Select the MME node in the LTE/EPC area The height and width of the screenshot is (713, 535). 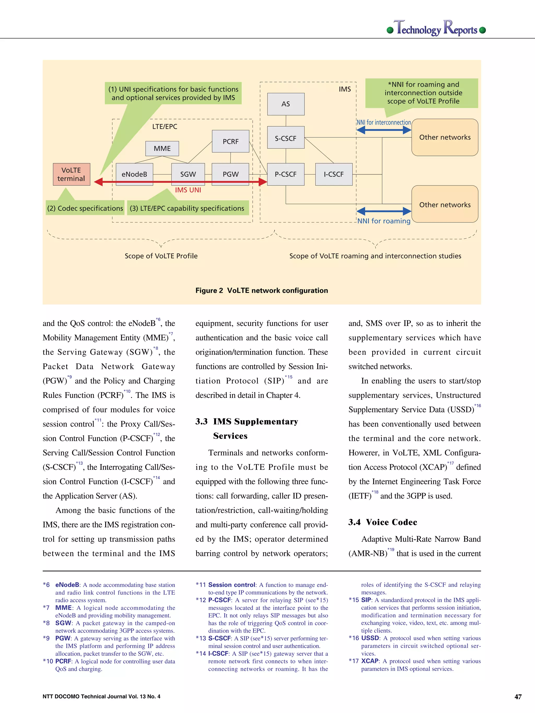coord(162,148)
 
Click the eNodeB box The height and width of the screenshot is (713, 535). coord(134,174)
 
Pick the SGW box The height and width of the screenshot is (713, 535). coord(188,174)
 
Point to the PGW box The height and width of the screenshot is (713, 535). coord(230,174)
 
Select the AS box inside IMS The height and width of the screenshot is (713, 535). coord(286,104)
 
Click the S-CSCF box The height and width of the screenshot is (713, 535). coord(286,138)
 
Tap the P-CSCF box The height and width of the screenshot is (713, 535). coord(286,174)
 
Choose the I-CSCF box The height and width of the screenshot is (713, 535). coord(334,174)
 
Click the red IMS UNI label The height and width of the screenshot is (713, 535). coord(188,190)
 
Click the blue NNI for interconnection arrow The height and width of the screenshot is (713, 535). coord(384,130)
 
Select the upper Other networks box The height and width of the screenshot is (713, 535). coord(445,137)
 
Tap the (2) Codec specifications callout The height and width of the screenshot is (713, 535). coord(85,208)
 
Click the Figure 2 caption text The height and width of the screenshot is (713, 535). coord(261,290)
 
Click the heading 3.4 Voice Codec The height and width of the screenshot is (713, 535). coord(383,522)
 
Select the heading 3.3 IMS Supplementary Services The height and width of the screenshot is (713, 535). coord(247,422)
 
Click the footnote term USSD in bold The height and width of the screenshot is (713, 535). coord(370,638)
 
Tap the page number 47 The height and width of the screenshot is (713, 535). coord(518,697)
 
